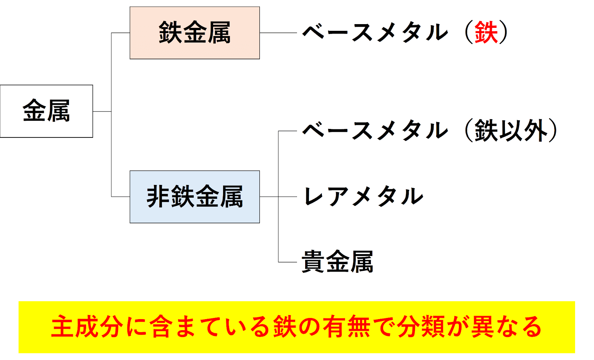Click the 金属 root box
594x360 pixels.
click(x=46, y=111)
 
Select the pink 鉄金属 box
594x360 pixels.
click(x=195, y=33)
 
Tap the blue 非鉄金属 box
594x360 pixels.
click(x=195, y=197)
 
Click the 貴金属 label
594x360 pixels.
click(x=337, y=262)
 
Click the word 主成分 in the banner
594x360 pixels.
click(x=88, y=327)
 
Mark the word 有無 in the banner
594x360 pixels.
click(x=347, y=327)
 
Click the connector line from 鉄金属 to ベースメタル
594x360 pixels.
click(x=278, y=33)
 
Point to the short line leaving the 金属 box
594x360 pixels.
click(x=102, y=111)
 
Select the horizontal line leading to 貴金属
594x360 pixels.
click(x=288, y=262)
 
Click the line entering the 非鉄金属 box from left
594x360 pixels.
click(x=121, y=197)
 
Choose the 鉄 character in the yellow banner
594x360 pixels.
click(x=285, y=327)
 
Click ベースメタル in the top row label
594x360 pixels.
click(x=375, y=33)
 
